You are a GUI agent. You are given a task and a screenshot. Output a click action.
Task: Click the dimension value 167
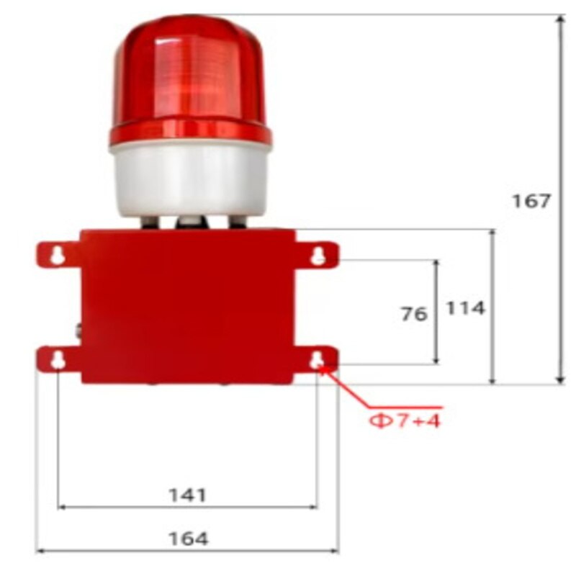(531, 201)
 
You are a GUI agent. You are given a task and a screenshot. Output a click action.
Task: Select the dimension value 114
(465, 308)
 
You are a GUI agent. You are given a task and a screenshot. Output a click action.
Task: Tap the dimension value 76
(414, 315)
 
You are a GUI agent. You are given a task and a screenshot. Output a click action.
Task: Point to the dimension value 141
(187, 495)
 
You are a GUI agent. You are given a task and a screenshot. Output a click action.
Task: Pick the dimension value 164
(188, 539)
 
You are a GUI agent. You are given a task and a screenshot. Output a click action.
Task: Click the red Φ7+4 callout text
(405, 421)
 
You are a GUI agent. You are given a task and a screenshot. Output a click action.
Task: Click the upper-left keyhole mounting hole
(57, 255)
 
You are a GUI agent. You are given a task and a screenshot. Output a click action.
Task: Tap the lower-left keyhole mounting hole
(58, 360)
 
